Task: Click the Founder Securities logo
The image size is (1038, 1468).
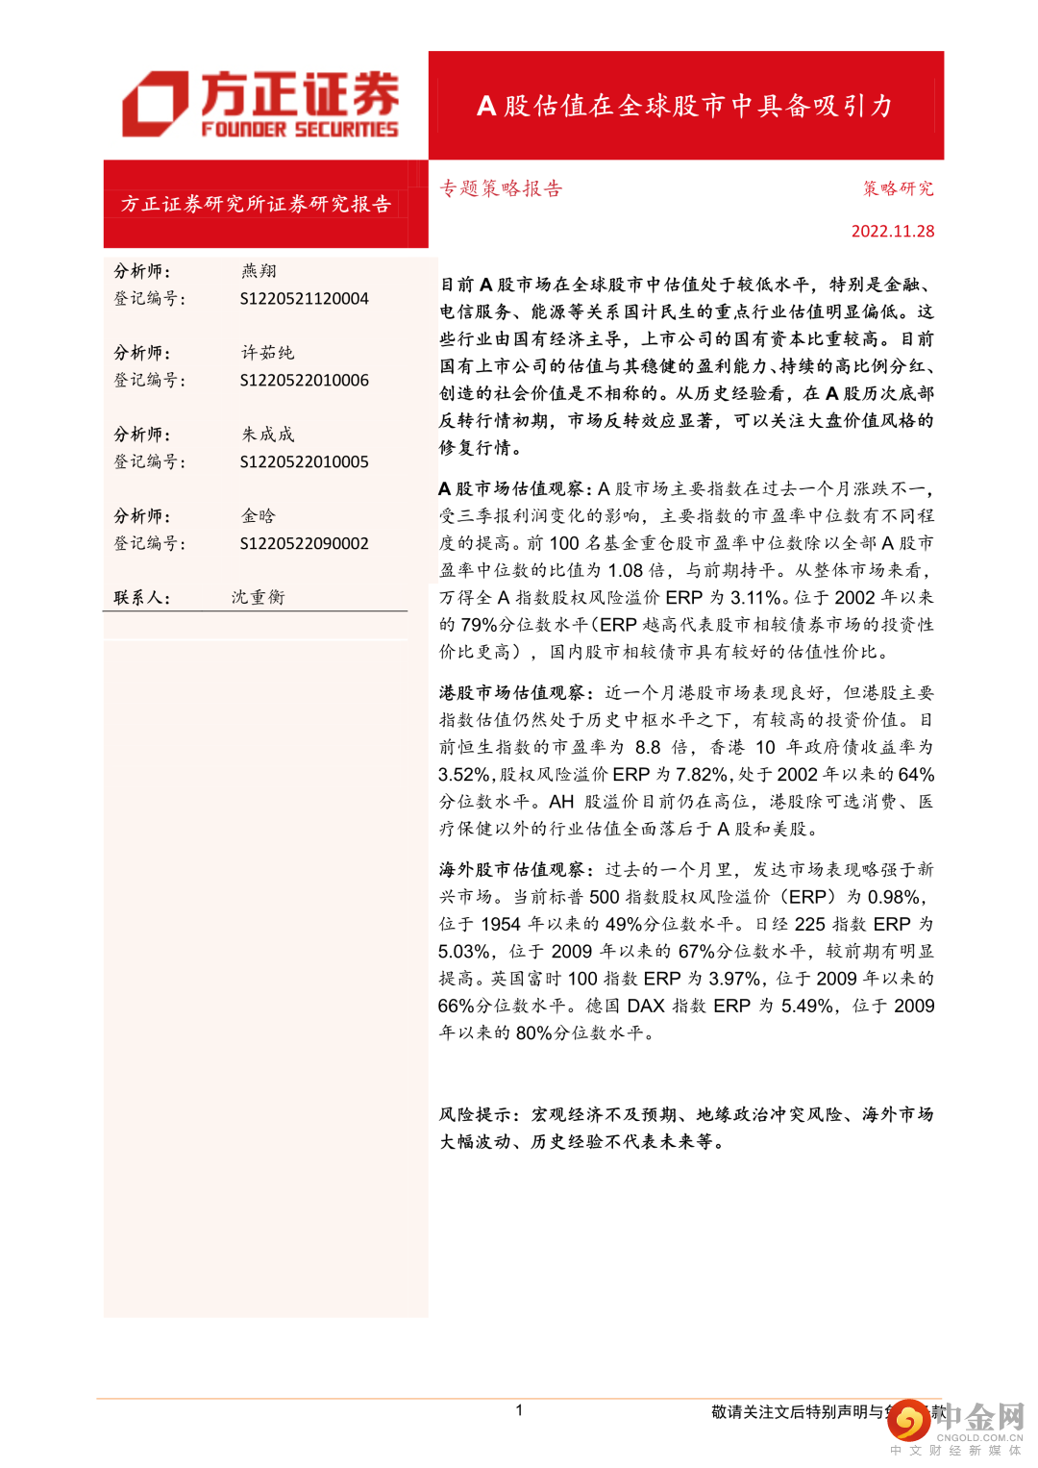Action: click(259, 104)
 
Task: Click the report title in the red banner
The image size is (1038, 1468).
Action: click(685, 106)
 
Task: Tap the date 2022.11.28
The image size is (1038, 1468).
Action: click(892, 232)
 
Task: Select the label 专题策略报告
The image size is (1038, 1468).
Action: click(501, 188)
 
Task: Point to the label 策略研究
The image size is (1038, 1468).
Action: click(898, 188)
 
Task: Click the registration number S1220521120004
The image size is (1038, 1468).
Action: click(304, 299)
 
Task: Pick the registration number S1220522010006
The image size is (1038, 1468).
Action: click(304, 381)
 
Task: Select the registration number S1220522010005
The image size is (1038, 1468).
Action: click(304, 462)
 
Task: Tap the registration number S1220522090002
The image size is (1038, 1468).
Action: click(304, 544)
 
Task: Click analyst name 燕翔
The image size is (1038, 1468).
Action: click(259, 271)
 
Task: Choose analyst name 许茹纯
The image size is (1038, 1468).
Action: click(267, 353)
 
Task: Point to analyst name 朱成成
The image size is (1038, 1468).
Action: click(267, 435)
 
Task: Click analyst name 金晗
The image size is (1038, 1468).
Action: click(259, 516)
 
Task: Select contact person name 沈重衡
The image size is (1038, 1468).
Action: click(258, 597)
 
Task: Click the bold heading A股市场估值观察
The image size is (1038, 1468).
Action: click(515, 489)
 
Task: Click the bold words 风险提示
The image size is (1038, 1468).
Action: click(478, 1115)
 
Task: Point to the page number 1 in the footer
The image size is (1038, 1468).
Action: click(519, 1410)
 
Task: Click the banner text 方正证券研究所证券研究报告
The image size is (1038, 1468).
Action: click(256, 204)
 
